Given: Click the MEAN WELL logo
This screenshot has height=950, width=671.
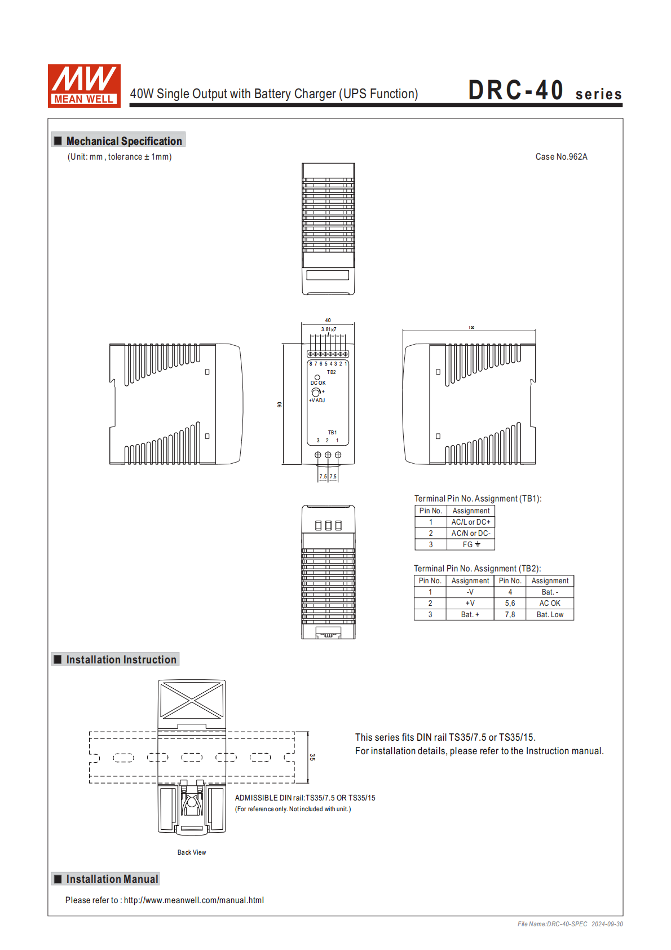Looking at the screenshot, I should pos(84,86).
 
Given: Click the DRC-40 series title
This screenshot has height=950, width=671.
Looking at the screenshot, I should pos(544,91).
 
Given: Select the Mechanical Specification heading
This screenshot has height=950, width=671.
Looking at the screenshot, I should pos(123,141).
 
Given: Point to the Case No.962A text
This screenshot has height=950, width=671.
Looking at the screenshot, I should pos(561,157).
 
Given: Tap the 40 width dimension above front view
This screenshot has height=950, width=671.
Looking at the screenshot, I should pos(328,320).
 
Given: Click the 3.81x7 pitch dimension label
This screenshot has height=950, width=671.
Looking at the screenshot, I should pos(329,329).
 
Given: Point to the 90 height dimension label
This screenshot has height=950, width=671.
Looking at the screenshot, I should pos(279,404).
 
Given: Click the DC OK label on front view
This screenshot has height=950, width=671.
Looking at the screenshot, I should pos(318,383).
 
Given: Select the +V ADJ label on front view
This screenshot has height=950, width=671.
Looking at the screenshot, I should pos(317,401).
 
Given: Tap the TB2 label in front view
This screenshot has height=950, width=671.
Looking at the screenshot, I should pos(332,372).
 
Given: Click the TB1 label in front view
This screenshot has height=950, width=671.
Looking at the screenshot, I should pos(333,433).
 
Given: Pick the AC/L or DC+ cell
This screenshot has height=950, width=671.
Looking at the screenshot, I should pos(471,522).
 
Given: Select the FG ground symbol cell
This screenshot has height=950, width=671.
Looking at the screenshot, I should pos(471,544).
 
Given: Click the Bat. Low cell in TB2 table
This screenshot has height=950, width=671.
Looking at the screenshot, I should pos(550,615).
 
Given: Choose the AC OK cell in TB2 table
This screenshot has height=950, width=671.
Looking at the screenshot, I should pos(550,604).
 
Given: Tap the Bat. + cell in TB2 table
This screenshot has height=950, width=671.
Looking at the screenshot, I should pos(470,615).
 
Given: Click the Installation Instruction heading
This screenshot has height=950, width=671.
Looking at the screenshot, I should pos(121,659).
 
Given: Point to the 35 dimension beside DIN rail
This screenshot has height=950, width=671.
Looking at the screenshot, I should pos(312,757).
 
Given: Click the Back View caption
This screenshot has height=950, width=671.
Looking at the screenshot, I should pos(192,852).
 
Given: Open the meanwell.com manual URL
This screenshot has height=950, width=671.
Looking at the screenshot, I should pos(193,900).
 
